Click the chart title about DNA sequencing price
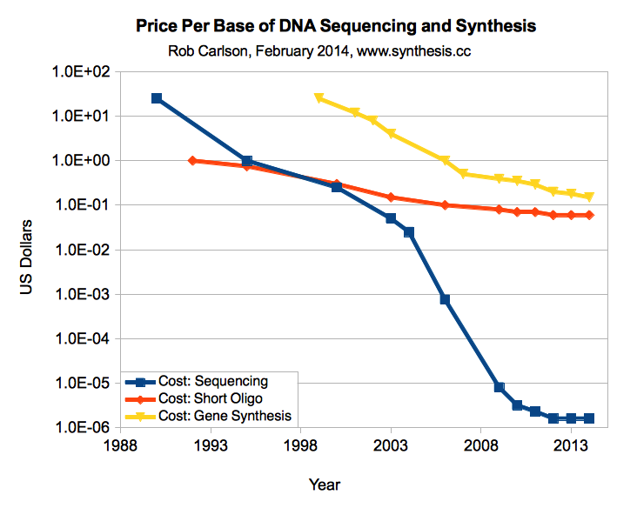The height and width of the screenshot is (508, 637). tap(336, 27)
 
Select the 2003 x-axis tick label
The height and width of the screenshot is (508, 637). tap(390, 446)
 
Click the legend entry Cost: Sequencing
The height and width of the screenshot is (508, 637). tap(212, 381)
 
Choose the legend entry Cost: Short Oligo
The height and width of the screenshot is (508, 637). tap(213, 398)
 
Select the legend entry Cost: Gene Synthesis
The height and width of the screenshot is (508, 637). tap(225, 416)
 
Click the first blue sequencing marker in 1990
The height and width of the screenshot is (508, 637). tap(157, 98)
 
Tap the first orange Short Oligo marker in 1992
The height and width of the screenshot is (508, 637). tap(192, 161)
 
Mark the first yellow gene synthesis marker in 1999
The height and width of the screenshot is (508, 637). tap(318, 98)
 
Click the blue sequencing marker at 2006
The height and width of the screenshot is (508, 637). tap(445, 299)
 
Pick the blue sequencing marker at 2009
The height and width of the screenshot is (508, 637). tap(499, 387)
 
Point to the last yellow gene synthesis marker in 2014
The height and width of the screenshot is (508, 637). tap(589, 197)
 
